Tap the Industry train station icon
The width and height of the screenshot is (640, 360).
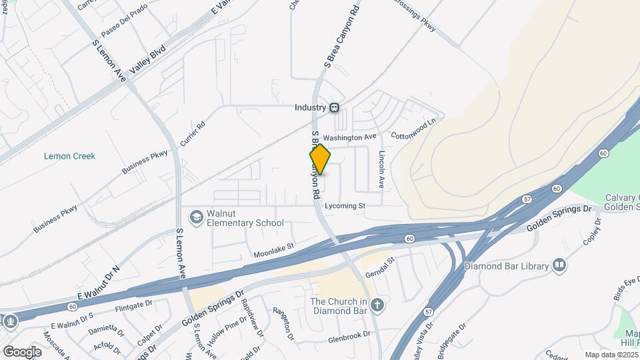335,107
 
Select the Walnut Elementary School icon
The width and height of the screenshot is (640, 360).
197,217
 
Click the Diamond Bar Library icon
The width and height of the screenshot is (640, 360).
559,266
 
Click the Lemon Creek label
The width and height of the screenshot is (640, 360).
69,156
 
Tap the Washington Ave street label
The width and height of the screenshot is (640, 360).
350,137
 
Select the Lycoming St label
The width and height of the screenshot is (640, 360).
345,207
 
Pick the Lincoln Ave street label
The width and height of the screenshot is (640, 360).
382,169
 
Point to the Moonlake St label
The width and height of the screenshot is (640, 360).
273,251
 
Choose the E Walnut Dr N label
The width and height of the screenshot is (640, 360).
97,281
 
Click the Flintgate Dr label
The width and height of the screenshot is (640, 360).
134,306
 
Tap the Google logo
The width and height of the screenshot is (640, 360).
22,351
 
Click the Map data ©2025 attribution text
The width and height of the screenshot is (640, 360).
610,355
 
